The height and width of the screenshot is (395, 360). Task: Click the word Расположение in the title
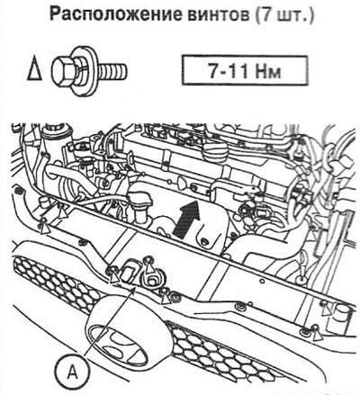coord(115,14)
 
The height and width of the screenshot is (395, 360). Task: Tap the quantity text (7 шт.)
coord(283,15)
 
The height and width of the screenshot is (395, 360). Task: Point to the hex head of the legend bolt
coord(62,72)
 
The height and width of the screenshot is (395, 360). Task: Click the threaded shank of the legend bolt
coord(112,72)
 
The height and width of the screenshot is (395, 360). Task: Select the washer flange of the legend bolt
coord(87,72)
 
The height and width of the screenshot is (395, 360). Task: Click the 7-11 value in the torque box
coord(227,71)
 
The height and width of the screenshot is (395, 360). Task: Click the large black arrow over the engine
coord(186,220)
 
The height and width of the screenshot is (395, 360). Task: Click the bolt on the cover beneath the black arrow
coord(204,241)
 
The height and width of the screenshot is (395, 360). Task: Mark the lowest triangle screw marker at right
coord(317,335)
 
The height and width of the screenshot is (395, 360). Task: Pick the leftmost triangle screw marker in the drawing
coord(45,229)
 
